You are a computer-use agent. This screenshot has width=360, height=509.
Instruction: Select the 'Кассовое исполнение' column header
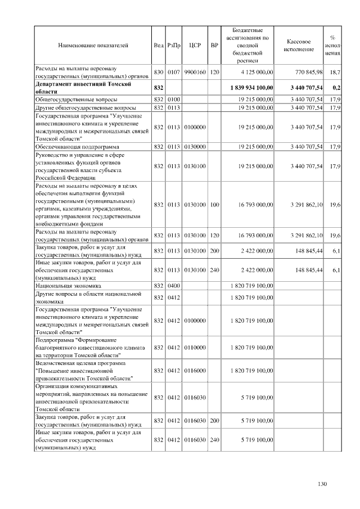(299, 46)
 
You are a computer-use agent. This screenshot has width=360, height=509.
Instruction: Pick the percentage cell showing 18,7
(335, 72)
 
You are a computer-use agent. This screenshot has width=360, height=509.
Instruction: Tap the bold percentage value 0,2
(336, 88)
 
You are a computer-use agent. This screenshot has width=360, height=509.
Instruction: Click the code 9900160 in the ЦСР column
(195, 72)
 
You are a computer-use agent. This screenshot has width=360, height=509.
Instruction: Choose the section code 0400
(173, 286)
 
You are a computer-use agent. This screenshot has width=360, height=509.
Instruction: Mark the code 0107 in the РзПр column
(173, 72)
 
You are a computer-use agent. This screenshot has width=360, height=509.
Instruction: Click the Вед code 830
(158, 72)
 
